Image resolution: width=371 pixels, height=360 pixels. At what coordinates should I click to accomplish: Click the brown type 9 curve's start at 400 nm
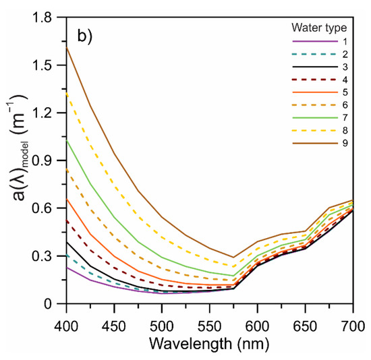point(67,47)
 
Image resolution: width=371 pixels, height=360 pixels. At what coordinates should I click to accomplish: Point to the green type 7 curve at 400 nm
point(67,140)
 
